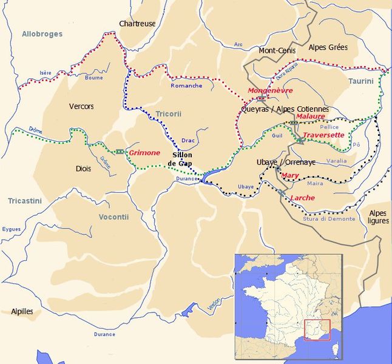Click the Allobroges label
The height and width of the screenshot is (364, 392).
42,34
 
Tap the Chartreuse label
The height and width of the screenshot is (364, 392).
137,24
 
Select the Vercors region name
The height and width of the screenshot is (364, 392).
81,106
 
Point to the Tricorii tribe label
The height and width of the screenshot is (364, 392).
168,113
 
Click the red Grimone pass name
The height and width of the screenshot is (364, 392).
144,153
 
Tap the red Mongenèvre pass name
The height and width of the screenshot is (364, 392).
266,90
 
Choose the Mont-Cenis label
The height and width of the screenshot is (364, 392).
277,50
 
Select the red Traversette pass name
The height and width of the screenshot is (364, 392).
323,135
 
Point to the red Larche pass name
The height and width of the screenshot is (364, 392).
302,198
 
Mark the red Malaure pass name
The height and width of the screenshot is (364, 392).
311,116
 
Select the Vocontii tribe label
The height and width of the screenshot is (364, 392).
113,217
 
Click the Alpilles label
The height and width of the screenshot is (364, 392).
22,311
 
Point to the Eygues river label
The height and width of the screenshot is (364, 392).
12,229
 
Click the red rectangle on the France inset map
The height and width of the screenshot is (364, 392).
316,329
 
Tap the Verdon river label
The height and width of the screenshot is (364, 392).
214,302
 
